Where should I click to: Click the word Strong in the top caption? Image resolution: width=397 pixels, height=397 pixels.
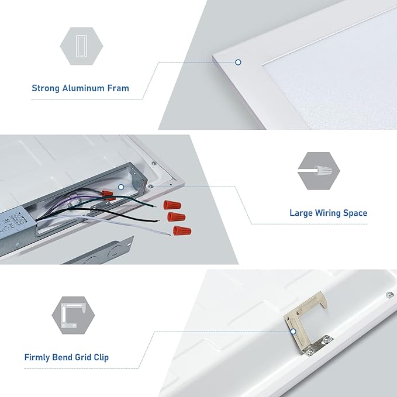click(46, 88)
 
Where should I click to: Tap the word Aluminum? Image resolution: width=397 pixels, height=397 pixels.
click(83, 88)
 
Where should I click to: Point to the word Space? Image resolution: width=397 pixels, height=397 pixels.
click(355, 213)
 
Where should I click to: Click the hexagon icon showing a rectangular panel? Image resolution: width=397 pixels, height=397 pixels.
click(81, 46)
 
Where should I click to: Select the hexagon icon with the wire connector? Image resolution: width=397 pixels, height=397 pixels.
click(319, 171)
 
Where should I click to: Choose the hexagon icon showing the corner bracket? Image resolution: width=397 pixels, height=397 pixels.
click(73, 316)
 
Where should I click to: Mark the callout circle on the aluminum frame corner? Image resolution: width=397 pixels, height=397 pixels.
click(238, 62)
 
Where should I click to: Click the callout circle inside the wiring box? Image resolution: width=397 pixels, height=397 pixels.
click(121, 187)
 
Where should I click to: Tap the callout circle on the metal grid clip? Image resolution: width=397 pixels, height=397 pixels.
click(293, 332)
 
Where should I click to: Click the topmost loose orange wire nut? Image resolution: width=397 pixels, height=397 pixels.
click(172, 205)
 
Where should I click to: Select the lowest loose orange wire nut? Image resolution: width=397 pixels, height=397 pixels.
click(182, 231)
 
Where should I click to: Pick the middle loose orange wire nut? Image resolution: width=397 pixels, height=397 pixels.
click(176, 217)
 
